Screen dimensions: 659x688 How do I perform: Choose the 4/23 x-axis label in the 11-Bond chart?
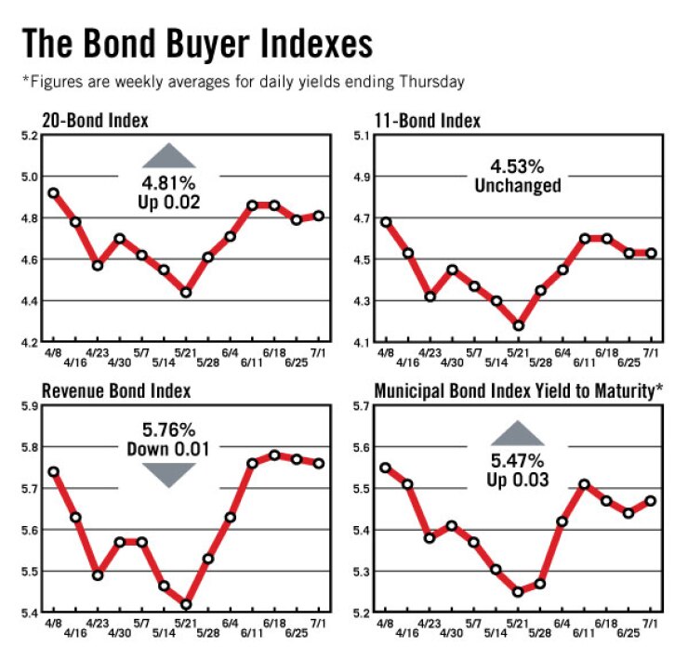tap(430, 353)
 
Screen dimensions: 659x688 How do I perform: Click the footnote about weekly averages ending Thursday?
tap(242, 82)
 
